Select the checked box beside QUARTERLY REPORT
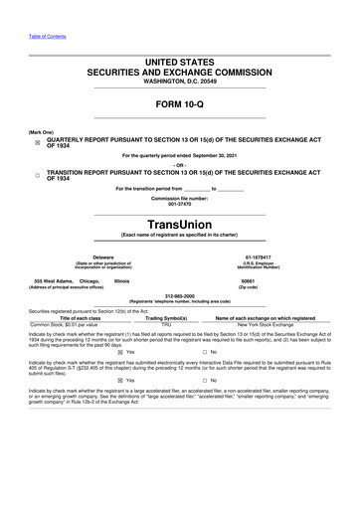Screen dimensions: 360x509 [x=36, y=141]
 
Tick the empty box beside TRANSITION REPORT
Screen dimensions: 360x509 [x=36, y=175]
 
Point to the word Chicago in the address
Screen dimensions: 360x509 [x=90, y=280]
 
